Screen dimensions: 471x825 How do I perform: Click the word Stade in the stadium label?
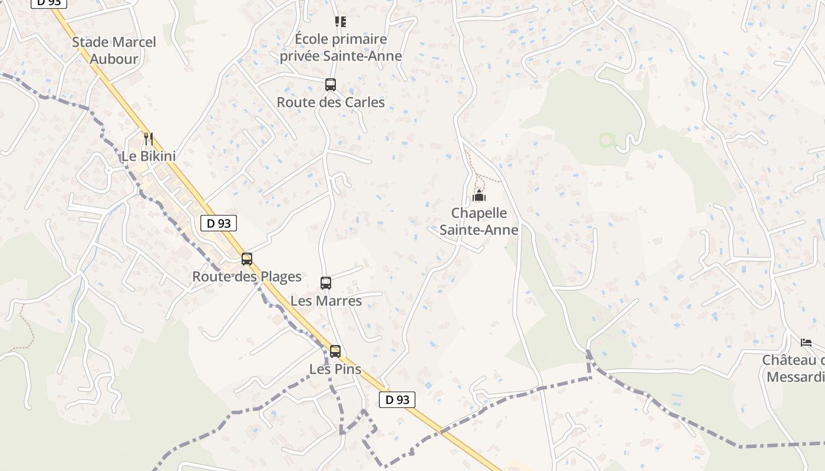click(91, 42)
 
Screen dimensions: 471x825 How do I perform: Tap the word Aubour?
click(114, 59)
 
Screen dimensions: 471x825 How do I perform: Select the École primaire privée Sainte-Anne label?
click(341, 48)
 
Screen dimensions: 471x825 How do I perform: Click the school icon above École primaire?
click(341, 22)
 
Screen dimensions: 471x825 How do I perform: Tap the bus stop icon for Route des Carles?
click(331, 85)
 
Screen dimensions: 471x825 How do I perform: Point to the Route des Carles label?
click(331, 102)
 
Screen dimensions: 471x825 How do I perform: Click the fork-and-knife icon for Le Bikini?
click(148, 139)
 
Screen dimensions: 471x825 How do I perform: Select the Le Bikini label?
click(148, 157)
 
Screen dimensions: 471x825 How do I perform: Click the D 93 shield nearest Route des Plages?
click(219, 224)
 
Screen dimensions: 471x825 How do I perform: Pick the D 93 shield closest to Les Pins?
click(397, 400)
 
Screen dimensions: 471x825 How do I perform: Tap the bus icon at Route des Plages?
click(247, 258)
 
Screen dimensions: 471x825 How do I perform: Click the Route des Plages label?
click(247, 277)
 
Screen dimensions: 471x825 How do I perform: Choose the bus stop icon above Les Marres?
click(326, 283)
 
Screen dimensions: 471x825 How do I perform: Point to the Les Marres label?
click(326, 301)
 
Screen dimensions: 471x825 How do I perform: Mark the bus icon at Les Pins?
click(335, 351)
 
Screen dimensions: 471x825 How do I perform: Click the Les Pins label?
click(335, 369)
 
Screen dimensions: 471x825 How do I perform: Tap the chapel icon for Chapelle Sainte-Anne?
click(479, 195)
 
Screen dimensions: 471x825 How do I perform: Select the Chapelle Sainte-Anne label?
click(479, 221)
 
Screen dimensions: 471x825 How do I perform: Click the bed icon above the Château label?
click(806, 342)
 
